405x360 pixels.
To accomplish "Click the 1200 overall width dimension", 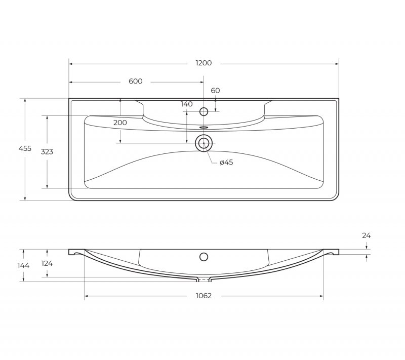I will click(204, 63).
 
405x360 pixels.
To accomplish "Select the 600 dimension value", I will click(135, 82).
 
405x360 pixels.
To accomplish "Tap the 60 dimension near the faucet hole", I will click(215, 91).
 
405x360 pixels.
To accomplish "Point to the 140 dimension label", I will click(186, 104).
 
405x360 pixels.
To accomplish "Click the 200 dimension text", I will click(120, 123).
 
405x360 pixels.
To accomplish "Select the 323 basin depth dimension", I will click(47, 151).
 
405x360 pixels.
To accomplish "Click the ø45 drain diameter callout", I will click(226, 163).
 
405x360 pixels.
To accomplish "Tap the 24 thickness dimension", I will click(366, 235).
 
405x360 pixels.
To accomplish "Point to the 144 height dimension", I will click(23, 265).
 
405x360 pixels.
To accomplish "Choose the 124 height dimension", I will click(47, 263).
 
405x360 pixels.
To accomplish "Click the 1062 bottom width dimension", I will click(204, 296).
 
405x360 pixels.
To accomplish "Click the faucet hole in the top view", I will click(204, 112).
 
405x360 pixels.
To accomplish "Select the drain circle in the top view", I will click(204, 143).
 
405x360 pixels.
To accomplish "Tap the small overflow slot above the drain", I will click(204, 127).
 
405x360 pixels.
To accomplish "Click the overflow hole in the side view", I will click(204, 257).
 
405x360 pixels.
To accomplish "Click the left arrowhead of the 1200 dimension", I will click(71, 64).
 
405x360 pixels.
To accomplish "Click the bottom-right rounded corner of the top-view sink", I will click(334, 196).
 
